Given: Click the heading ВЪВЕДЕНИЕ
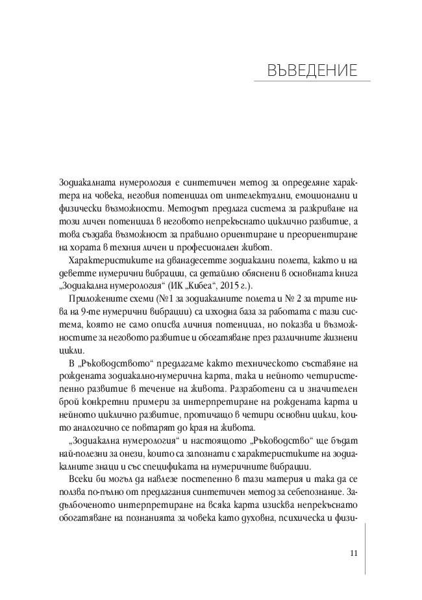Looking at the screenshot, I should [x=310, y=69].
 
